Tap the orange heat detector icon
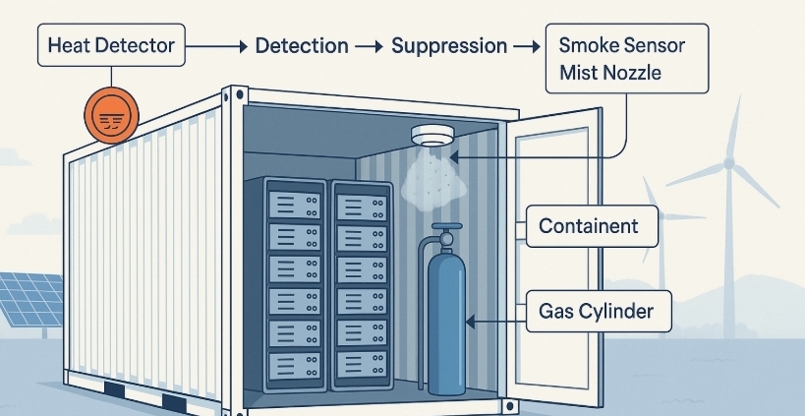tap(113, 116)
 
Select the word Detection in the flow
tap(301, 46)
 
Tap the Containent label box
tap(587, 227)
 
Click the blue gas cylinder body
tap(447, 315)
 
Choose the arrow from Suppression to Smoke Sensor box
tap(528, 46)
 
